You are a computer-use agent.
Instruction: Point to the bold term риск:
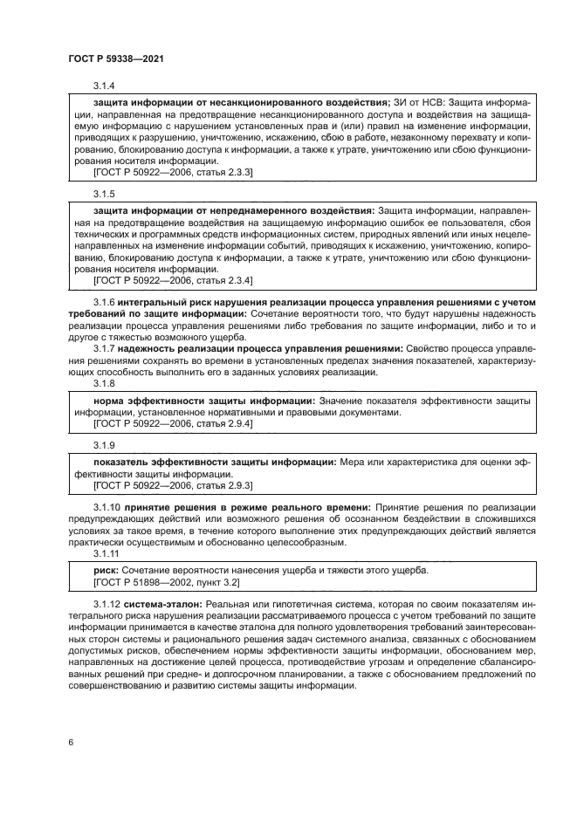tap(106, 570)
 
